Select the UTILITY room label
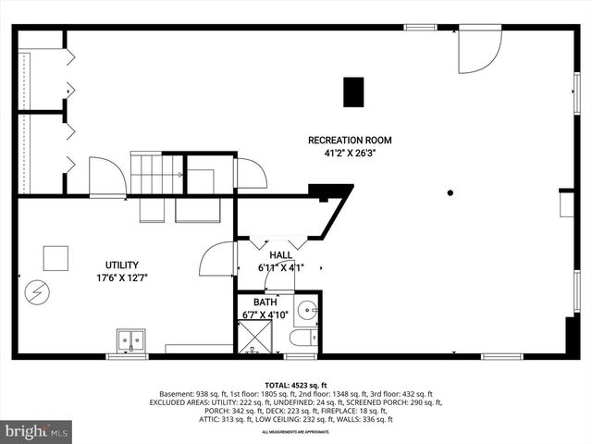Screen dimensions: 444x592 pos(122,265)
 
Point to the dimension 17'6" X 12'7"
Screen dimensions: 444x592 pos(122,277)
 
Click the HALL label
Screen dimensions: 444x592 pos(281,255)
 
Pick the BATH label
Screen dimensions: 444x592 pos(265,302)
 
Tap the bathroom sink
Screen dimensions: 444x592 pos(306,309)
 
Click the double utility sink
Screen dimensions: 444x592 pos(130,340)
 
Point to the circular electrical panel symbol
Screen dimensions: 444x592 pos(37,293)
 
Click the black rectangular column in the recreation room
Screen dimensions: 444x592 pos(353,92)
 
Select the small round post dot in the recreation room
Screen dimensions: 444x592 pos(450,192)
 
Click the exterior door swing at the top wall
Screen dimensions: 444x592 pos(478,50)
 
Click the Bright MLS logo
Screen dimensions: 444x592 pos(37,430)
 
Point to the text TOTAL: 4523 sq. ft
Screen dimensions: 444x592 pos(296,384)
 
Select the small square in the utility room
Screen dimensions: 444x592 pos(55,257)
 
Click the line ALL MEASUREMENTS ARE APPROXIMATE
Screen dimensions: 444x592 pos(296,432)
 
